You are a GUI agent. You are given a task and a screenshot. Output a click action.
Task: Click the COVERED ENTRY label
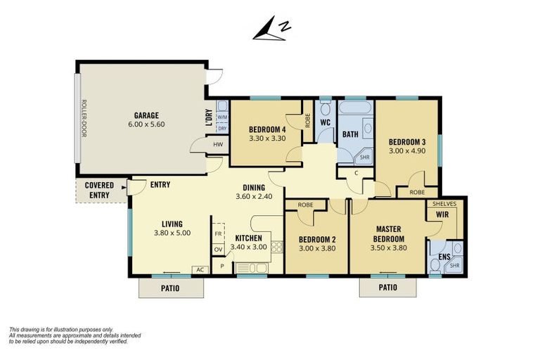(x=99, y=190)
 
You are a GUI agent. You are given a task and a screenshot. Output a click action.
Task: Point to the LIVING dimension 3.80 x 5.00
(x=172, y=233)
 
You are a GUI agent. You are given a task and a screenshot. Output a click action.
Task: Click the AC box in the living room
(x=200, y=269)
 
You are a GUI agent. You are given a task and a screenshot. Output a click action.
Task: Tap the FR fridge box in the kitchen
(x=218, y=233)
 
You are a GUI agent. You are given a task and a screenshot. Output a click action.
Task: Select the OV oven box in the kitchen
(x=218, y=250)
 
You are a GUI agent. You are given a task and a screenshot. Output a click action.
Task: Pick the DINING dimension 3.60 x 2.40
(x=254, y=196)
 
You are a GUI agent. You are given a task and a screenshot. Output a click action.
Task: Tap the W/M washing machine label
(x=222, y=117)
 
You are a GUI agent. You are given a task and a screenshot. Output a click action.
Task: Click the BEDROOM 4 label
(x=267, y=129)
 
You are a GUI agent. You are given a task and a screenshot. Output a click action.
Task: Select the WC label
(x=326, y=122)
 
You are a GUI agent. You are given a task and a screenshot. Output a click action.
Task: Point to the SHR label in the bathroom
(x=365, y=157)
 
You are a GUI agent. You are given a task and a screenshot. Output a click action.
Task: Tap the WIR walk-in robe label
(x=442, y=213)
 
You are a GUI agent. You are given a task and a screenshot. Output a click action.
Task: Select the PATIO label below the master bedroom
(x=387, y=288)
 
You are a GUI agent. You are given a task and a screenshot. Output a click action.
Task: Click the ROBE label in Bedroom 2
(x=305, y=205)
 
